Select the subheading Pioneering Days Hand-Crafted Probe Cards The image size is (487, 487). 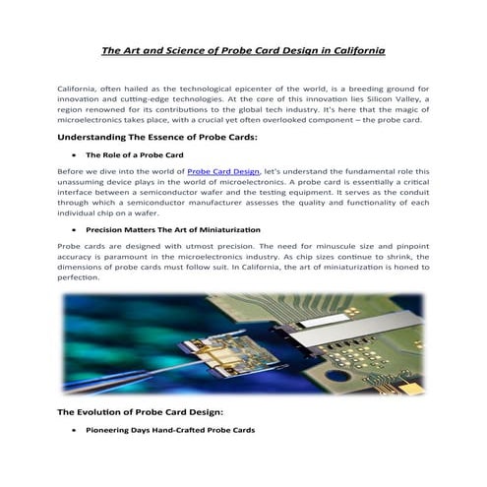[x=170, y=431]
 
